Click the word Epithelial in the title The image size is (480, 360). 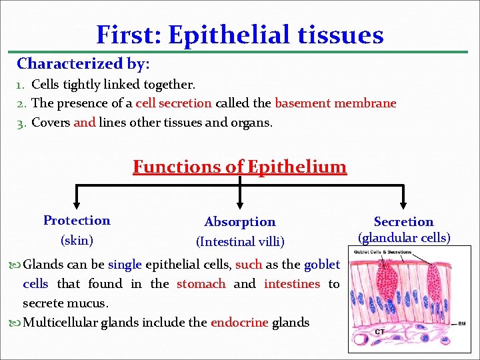pos(225,35)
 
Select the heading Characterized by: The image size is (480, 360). pos(83,64)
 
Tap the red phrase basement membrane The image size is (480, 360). pos(335,103)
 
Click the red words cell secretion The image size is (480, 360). pos(173,103)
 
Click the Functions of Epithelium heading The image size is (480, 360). pos(239,166)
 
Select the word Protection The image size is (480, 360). pos(77,221)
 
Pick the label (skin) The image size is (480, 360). pos(77,240)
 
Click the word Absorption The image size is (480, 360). pos(239,222)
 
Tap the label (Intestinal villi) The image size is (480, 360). pos(239,242)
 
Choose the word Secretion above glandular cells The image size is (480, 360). pos(403,222)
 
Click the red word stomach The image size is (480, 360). pos(201,284)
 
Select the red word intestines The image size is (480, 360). pos(292,284)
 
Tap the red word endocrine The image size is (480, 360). pos(239,323)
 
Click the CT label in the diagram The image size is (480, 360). pos(379,331)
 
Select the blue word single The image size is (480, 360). pos(126,265)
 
